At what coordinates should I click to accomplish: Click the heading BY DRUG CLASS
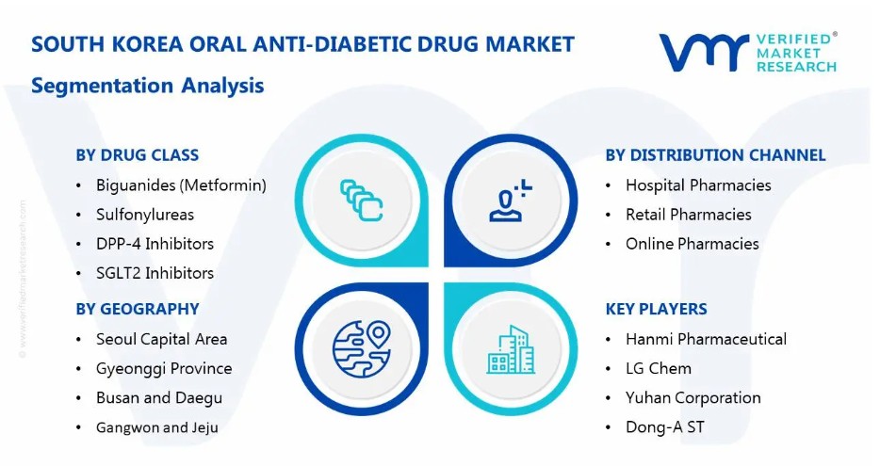(137, 154)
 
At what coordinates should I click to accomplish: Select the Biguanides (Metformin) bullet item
(181, 185)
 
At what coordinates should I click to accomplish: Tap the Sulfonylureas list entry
(145, 215)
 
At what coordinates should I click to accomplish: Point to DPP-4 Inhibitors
(155, 244)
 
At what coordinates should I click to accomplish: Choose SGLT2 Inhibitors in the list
(155, 273)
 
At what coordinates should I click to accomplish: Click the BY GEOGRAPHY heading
(138, 309)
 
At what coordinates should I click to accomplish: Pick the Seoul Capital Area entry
(162, 339)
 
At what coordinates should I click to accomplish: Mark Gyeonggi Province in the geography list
(164, 369)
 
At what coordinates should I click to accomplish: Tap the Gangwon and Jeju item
(157, 427)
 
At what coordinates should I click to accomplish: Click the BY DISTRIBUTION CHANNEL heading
(715, 154)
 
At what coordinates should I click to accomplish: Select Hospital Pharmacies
(698, 185)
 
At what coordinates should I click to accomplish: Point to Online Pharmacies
(692, 244)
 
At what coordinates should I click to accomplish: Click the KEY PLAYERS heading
(656, 309)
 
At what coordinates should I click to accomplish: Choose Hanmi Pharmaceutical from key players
(706, 339)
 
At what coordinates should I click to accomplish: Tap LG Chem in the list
(659, 368)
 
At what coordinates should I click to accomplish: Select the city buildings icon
(511, 349)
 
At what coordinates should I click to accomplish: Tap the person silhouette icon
(510, 201)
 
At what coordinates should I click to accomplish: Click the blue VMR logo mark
(704, 53)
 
